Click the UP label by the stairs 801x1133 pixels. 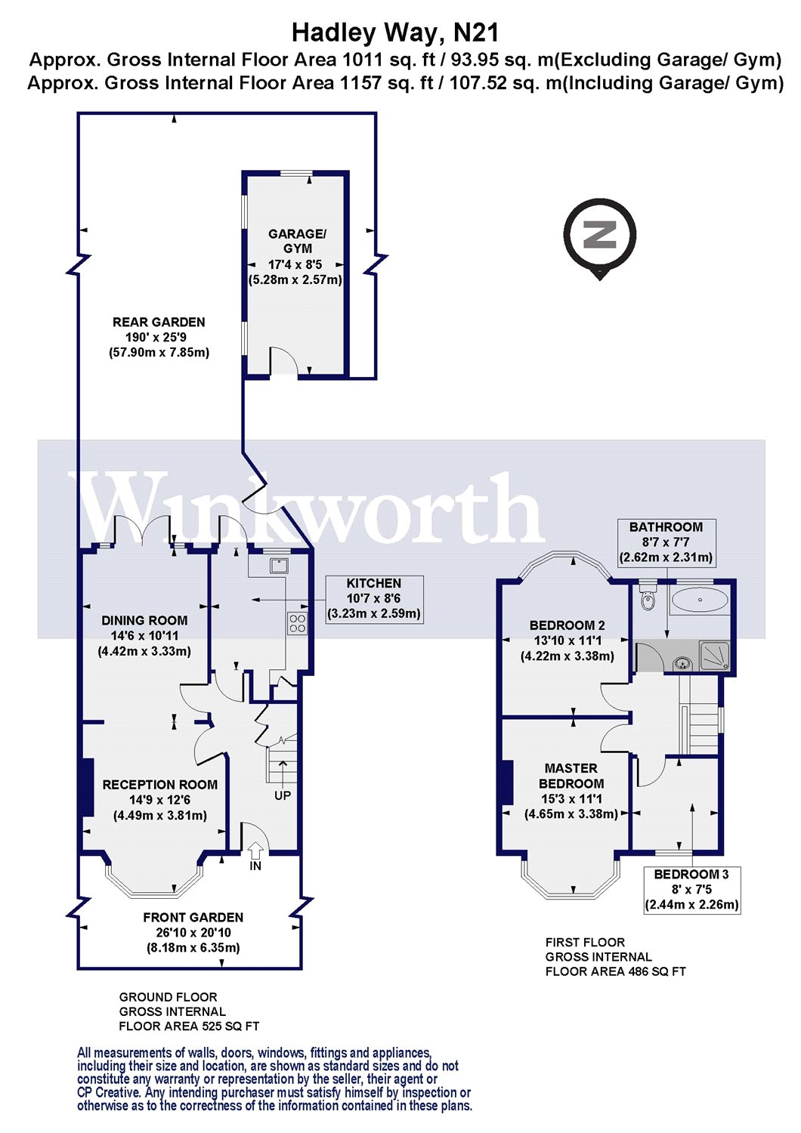point(283,795)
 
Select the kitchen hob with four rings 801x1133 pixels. point(296,623)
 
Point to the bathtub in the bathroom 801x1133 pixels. point(700,600)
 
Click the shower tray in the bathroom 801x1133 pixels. point(715,656)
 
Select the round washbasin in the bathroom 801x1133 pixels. point(682,663)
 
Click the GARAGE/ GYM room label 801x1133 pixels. point(297,241)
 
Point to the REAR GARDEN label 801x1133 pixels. point(159,322)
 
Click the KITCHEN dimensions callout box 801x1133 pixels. point(373,599)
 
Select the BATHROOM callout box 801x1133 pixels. point(666,542)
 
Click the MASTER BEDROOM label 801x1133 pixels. point(571,776)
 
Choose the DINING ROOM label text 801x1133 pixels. point(144,621)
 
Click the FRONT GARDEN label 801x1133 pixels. point(193,918)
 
